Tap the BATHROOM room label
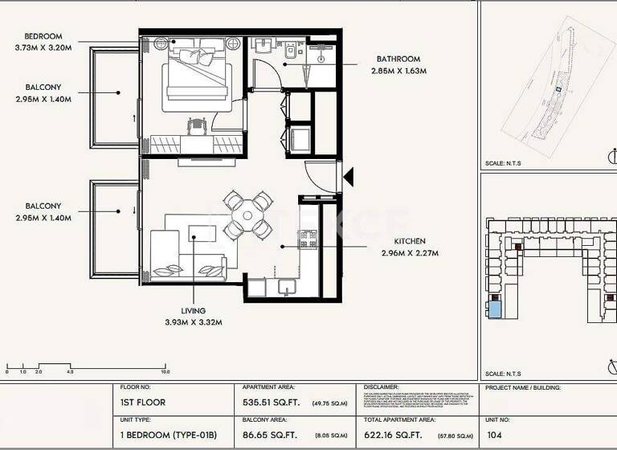point(398,59)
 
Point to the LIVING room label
point(193,311)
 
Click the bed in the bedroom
point(198,81)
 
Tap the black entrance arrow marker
point(348,176)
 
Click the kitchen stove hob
point(308,239)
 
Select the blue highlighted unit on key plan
point(495,308)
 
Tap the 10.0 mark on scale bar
point(165,372)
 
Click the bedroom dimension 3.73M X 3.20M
point(43,47)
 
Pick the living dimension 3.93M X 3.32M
point(193,322)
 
